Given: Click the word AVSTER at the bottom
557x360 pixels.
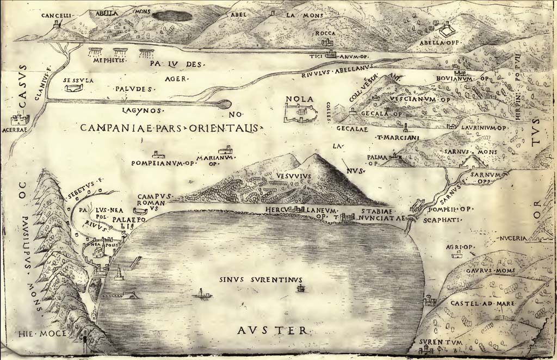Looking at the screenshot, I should [x=273, y=330].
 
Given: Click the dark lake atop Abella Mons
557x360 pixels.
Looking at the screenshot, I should [x=172, y=16].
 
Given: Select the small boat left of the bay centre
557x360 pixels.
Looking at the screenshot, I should [x=202, y=295].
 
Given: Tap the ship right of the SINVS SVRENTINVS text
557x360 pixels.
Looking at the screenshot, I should [x=299, y=289].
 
